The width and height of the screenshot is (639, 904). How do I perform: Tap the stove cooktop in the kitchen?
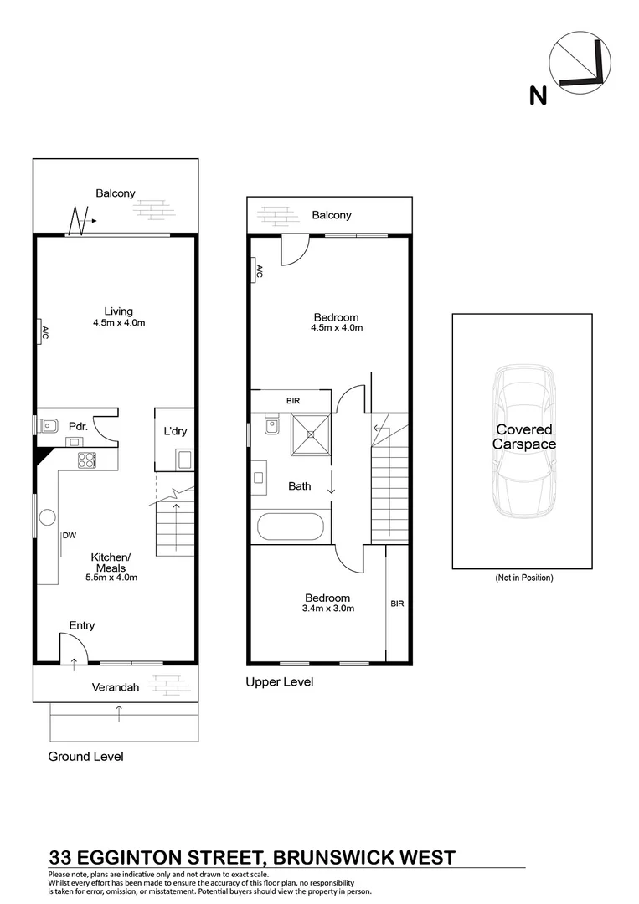coord(87,459)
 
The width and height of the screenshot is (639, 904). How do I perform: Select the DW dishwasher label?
coord(69,536)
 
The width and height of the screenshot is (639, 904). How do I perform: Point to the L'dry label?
coord(175,431)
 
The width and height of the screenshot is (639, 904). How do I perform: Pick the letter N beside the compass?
coord(538,96)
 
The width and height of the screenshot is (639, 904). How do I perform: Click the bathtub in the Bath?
coord(290,527)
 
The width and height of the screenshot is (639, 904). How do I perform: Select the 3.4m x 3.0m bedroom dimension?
coord(327,609)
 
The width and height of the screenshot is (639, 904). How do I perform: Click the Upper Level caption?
coord(279,682)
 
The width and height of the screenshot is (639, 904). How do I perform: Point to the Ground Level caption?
coord(85,757)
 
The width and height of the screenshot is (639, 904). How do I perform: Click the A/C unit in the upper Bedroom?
coord(258,271)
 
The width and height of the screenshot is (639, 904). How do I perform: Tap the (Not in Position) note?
coord(524,578)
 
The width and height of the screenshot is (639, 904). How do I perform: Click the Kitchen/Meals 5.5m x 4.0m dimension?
coord(111,577)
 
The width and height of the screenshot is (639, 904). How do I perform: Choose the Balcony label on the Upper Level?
coord(332,215)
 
